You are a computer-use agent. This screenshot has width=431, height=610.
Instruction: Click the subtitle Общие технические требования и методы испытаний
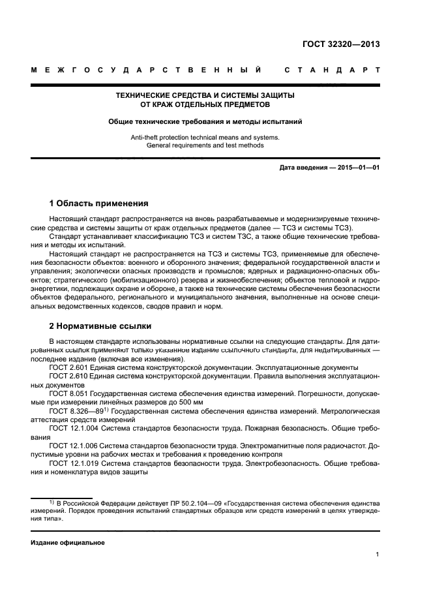[205, 121]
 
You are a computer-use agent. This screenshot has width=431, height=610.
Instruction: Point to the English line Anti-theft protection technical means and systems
[205, 137]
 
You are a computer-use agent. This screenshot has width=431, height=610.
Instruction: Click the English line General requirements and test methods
[205, 145]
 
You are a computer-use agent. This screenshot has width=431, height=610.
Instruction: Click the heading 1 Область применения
[98, 203]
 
